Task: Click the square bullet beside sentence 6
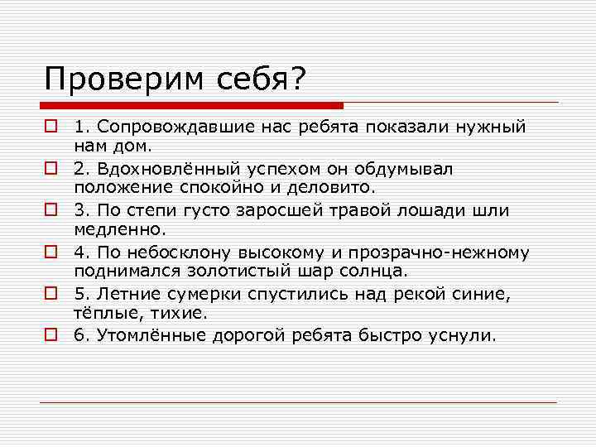pyautogui.click(x=51, y=335)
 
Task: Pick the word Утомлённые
pyautogui.click(x=149, y=335)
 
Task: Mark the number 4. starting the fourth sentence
pyautogui.click(x=80, y=252)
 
